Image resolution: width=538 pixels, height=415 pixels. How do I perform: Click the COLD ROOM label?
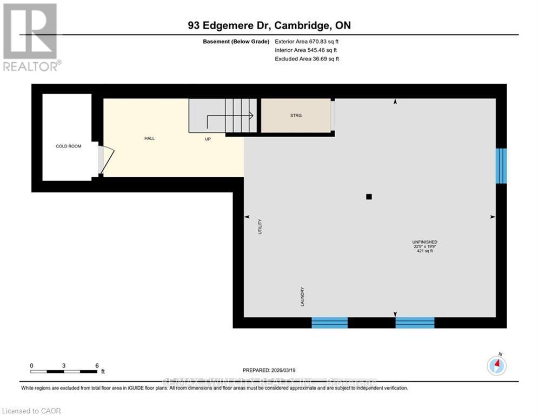[69, 146]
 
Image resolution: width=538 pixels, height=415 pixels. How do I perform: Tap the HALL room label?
[149, 138]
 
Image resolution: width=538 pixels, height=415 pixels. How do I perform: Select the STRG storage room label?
[295, 115]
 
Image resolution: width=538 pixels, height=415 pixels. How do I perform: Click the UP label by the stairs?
[208, 139]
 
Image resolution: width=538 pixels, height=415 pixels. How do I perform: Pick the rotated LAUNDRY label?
[303, 297]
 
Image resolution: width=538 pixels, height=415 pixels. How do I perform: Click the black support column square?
[369, 197]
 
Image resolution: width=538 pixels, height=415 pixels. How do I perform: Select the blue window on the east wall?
[501, 165]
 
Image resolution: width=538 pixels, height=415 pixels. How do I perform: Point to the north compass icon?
[496, 366]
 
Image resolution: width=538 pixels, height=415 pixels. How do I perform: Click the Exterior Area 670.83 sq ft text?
[307, 42]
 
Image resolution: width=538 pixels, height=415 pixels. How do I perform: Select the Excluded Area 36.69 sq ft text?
[307, 59]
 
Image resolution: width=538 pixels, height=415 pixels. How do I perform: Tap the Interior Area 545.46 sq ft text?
[307, 50]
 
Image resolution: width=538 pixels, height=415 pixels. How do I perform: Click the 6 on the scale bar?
[97, 365]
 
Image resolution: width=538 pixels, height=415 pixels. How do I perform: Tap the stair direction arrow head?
[251, 115]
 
